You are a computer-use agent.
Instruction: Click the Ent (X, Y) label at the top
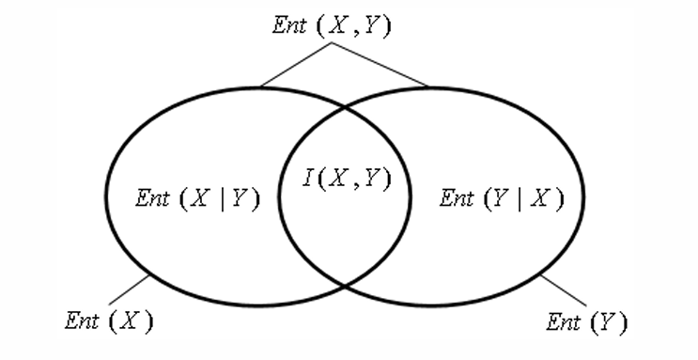point(331,25)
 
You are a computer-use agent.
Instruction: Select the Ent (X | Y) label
point(197,197)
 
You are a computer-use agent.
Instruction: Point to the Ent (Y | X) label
point(502,197)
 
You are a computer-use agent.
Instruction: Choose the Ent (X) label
point(108,320)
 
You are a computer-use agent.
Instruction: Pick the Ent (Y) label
point(587,322)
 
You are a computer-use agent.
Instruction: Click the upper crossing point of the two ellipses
point(346,109)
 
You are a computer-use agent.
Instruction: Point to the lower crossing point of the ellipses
point(346,285)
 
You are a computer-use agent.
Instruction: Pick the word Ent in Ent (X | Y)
point(151,197)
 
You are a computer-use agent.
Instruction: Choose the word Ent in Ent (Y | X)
point(457,197)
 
